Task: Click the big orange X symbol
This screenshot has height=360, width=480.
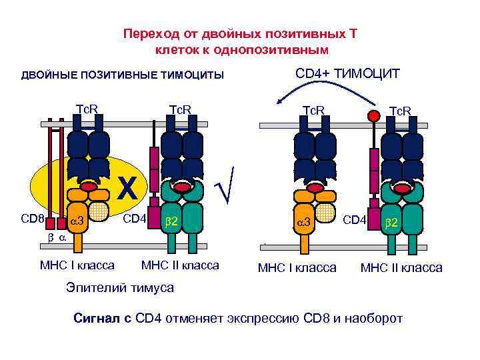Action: pos(127,189)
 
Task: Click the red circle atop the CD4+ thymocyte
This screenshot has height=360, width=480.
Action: pos(375,116)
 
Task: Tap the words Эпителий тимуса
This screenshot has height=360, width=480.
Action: pos(119,288)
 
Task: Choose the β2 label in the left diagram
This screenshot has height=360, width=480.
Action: pos(171,220)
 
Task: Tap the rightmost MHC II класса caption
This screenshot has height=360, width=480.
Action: pos(401,268)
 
